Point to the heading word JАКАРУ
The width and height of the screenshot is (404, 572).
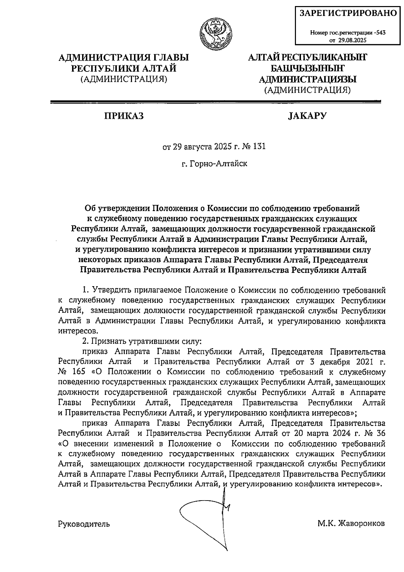click(x=307, y=116)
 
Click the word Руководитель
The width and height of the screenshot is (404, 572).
click(x=84, y=524)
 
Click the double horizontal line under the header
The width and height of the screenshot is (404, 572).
click(x=215, y=101)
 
